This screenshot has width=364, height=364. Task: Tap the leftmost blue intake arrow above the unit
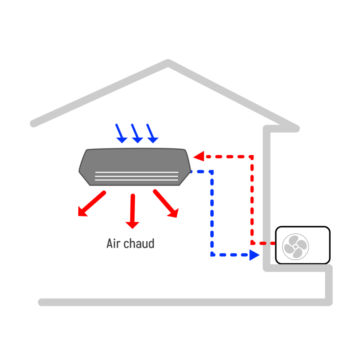tap(120, 134)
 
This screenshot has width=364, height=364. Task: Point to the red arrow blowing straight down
tap(133, 211)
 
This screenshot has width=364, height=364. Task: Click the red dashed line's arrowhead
tap(199, 156)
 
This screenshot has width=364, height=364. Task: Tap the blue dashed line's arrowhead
tap(254, 255)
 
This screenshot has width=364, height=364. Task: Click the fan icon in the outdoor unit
tap(295, 246)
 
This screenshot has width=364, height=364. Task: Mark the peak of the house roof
tap(168, 63)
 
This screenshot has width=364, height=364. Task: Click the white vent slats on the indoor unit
tap(136, 176)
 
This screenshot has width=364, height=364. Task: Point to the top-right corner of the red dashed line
tap(252, 156)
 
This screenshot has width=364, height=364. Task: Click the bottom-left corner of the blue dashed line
tap(212, 255)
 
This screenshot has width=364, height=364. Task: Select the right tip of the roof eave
tap(296, 129)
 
